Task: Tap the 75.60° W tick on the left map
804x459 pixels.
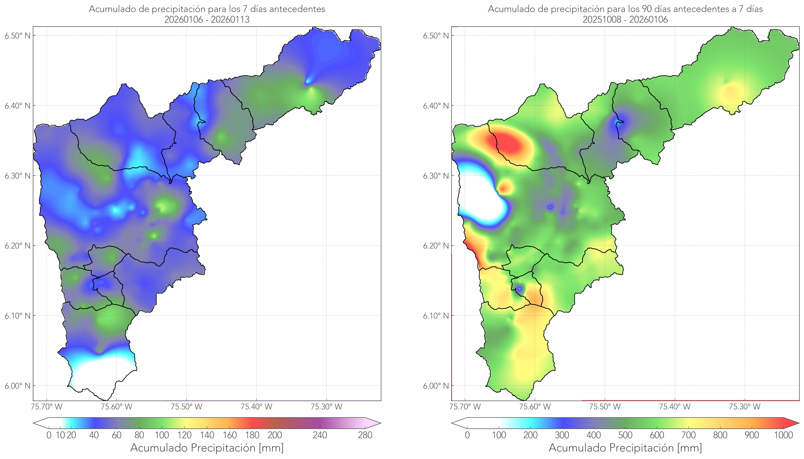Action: pyautogui.click(x=117, y=407)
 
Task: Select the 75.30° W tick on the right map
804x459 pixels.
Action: pyautogui.click(x=745, y=407)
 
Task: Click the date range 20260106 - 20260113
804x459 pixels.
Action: pyautogui.click(x=207, y=19)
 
